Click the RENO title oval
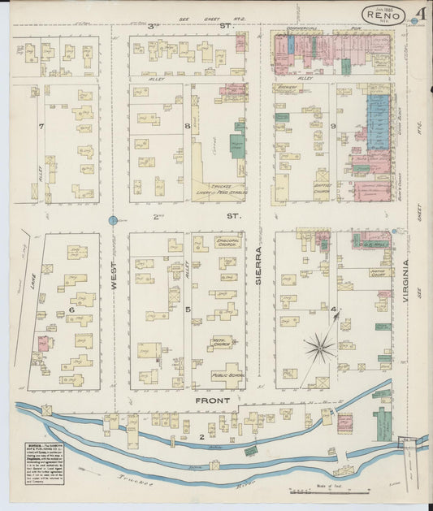coord(385,15)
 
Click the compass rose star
coord(321,348)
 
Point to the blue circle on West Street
coord(114,220)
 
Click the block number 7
coord(40,126)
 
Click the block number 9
coord(334,126)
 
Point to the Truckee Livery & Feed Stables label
coord(219,191)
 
